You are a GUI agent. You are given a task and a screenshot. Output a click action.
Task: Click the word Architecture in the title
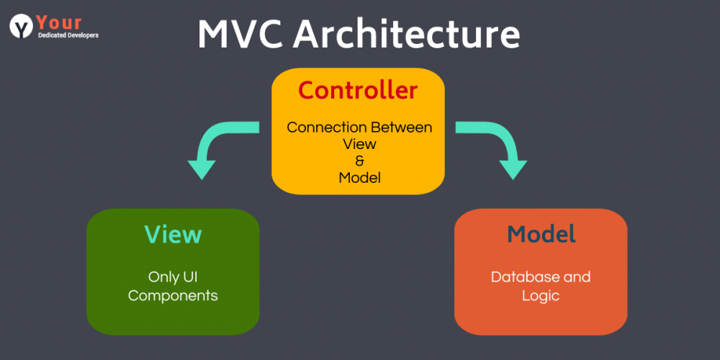pyautogui.click(x=407, y=35)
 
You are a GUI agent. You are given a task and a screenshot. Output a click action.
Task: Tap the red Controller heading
pyautogui.click(x=358, y=91)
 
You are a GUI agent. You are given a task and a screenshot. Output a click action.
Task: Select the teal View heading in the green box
pyautogui.click(x=173, y=235)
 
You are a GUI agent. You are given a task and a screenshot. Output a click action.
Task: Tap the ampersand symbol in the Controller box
pyautogui.click(x=359, y=161)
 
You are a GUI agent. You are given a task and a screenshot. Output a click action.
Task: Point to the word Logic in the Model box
pyautogui.click(x=541, y=295)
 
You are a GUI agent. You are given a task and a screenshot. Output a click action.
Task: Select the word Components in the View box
pyautogui.click(x=173, y=295)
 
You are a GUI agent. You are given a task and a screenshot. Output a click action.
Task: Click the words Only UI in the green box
pyautogui.click(x=173, y=276)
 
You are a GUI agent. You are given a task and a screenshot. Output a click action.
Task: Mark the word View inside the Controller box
pyautogui.click(x=359, y=144)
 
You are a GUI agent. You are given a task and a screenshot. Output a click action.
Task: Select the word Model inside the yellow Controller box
pyautogui.click(x=359, y=177)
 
